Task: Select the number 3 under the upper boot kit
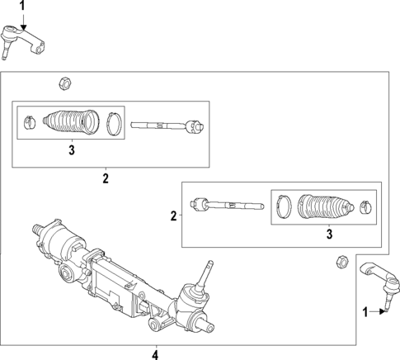tap(71, 149)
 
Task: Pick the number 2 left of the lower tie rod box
tap(173, 216)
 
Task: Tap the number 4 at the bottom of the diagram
tap(155, 354)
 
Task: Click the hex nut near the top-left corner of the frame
tap(64, 83)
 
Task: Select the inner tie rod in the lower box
tap(224, 202)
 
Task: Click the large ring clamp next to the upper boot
tap(114, 124)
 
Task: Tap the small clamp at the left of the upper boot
tap(28, 121)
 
